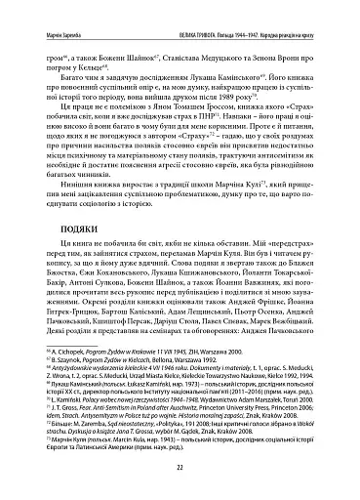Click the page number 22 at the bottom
pyautogui.click(x=180, y=466)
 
